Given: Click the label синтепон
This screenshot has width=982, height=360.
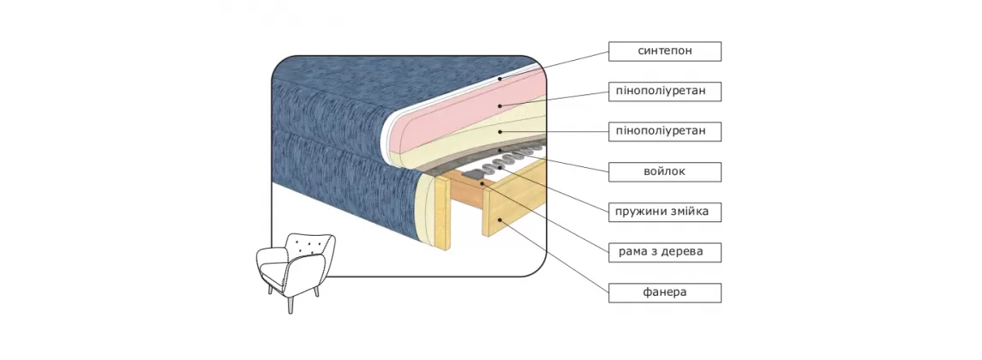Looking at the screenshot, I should tap(665, 51).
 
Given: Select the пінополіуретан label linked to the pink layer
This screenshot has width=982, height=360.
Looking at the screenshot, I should tap(665, 91).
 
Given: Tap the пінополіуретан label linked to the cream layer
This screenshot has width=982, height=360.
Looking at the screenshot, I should tap(665, 131).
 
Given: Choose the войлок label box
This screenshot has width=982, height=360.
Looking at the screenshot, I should tap(665, 171).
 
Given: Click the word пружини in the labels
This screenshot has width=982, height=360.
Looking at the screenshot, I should tap(644, 212).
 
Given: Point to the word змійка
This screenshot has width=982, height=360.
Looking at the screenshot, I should tap(691, 212).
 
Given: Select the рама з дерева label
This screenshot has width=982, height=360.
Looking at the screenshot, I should tap(665, 252).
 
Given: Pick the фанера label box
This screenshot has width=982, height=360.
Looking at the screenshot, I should tap(665, 292).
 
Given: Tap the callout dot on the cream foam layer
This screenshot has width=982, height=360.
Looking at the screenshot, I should tap(498, 132).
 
